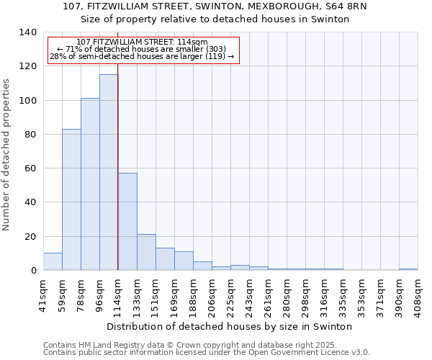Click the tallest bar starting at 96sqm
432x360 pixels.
[x=109, y=172]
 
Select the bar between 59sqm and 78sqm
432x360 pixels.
[x=71, y=199]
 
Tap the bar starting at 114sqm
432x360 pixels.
[x=127, y=222]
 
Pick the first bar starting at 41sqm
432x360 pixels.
[x=53, y=261]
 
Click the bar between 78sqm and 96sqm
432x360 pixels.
[x=90, y=184]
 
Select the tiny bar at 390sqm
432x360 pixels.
[x=408, y=269]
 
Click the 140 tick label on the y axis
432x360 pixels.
[x=27, y=32]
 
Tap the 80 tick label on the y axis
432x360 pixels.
[x=30, y=135]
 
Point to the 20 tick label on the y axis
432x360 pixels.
[x=30, y=236]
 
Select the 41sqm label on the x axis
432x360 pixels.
[x=43, y=294]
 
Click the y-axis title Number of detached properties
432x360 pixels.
[x=6, y=155]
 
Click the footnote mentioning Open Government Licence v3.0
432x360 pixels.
[x=207, y=352]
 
